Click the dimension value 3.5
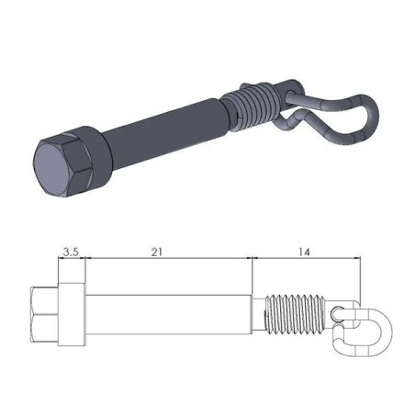point(71,249)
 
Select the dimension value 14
point(305,249)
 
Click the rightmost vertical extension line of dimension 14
point(359,280)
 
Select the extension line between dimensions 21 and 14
point(252,275)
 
